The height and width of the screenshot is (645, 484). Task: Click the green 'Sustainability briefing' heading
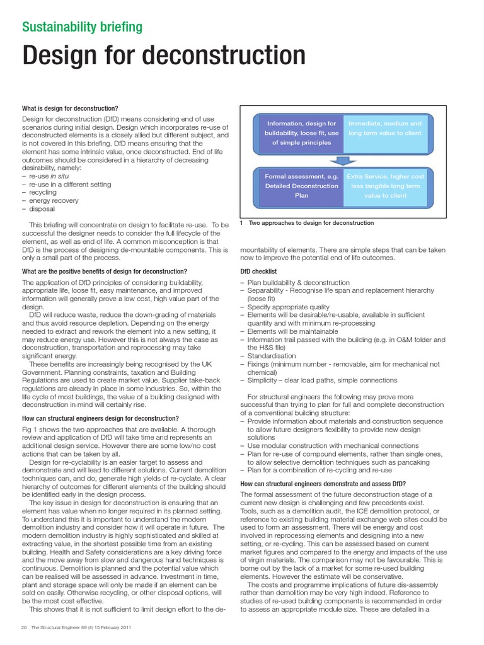click(x=83, y=27)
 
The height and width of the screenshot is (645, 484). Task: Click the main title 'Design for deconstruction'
click(x=164, y=57)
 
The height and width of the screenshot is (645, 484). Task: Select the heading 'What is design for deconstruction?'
click(x=70, y=108)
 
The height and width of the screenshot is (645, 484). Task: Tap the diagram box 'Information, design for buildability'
click(x=301, y=133)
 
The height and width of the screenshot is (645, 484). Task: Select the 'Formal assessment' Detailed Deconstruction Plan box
click(x=301, y=186)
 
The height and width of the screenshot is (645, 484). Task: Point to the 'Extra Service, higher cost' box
click(x=384, y=186)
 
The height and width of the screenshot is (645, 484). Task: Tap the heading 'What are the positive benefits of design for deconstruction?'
click(x=105, y=271)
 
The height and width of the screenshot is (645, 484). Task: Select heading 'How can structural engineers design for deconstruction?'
click(x=101, y=418)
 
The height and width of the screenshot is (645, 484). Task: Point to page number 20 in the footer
click(x=24, y=627)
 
